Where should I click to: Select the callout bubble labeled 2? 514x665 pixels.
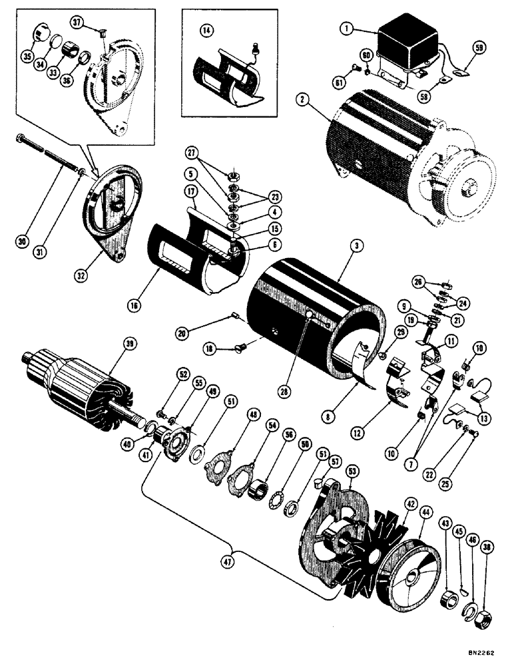click(x=303, y=100)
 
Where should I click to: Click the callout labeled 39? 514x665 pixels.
click(x=129, y=343)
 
